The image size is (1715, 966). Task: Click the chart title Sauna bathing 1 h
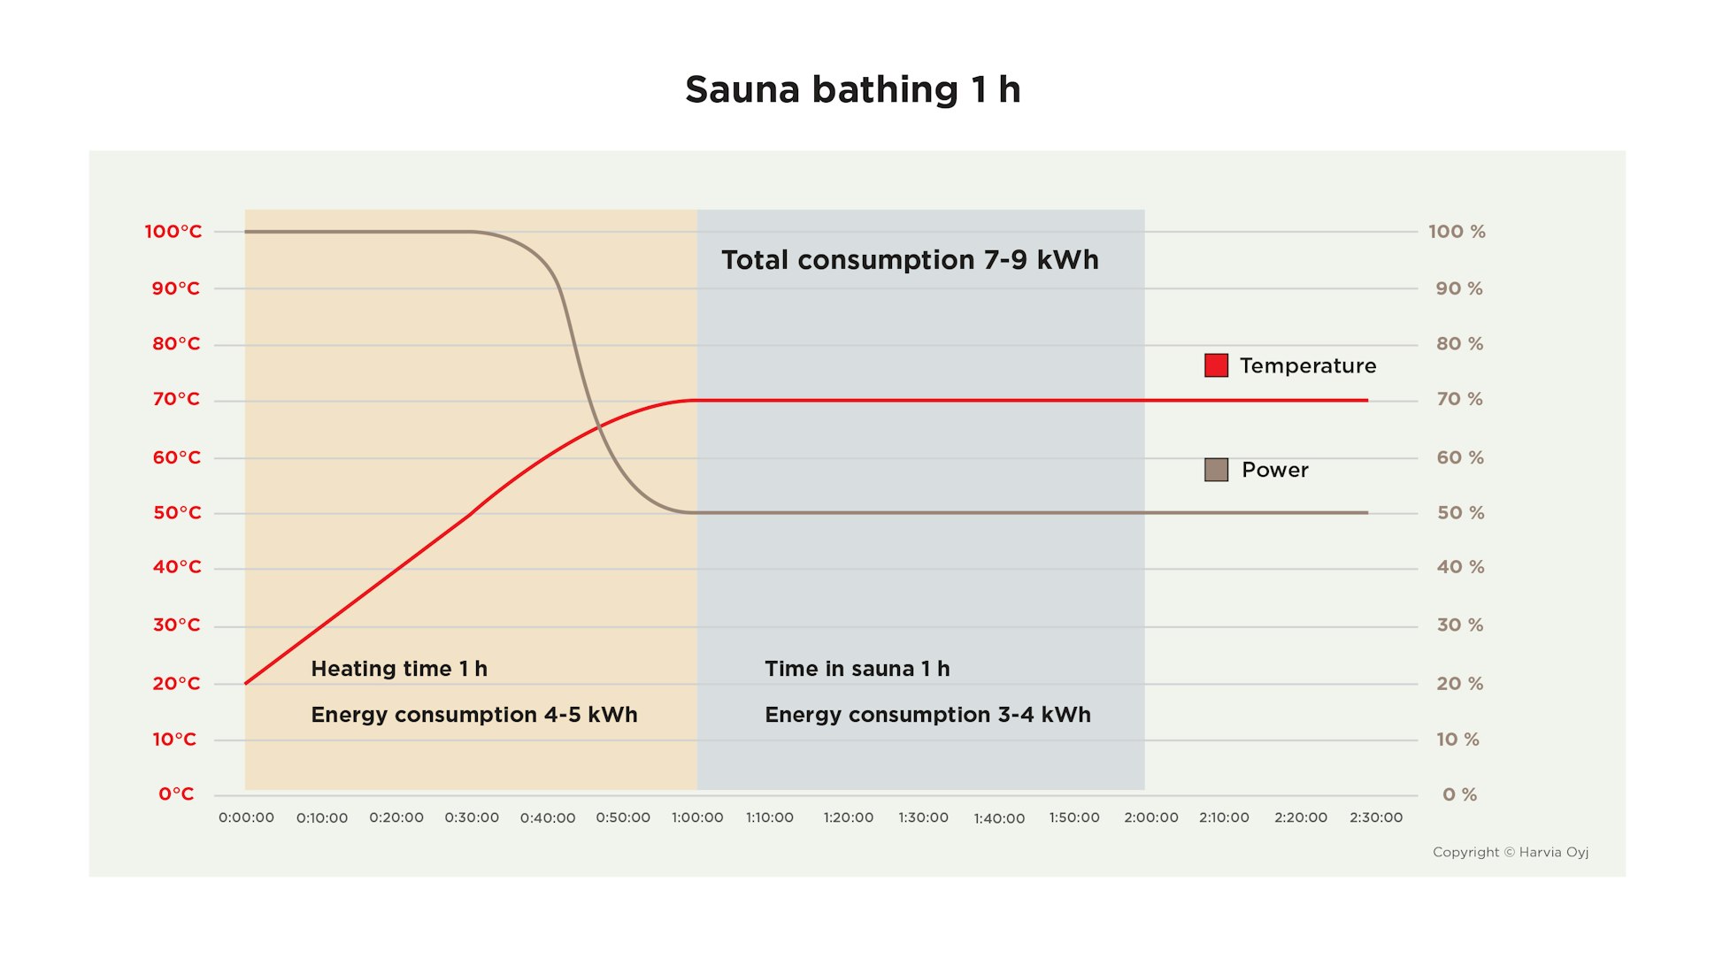coord(852,89)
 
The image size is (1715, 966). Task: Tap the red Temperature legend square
coord(1216,365)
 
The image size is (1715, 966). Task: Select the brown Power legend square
coord(1216,470)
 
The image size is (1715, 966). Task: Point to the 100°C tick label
coord(173,232)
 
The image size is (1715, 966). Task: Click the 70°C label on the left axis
coord(176,399)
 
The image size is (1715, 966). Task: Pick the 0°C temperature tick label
coord(176,794)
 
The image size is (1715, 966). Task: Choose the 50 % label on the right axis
coord(1460,513)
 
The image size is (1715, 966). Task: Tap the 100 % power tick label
coord(1457,232)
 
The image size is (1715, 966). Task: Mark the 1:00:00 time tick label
coord(697,817)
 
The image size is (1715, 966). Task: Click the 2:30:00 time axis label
coord(1375,817)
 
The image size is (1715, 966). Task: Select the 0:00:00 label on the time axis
coord(246,817)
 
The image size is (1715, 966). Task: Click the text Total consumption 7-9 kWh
coord(910,260)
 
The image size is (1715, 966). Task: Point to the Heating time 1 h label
coord(399,669)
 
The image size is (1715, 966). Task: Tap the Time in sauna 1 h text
coord(857,669)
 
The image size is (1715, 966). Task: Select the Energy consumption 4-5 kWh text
coord(473,715)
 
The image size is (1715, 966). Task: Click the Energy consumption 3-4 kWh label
coord(927,715)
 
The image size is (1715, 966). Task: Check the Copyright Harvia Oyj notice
coord(1510,852)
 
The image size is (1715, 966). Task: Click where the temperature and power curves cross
coord(599,428)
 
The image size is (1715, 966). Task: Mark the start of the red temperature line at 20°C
coord(246,683)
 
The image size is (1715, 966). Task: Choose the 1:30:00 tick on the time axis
coord(923,817)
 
